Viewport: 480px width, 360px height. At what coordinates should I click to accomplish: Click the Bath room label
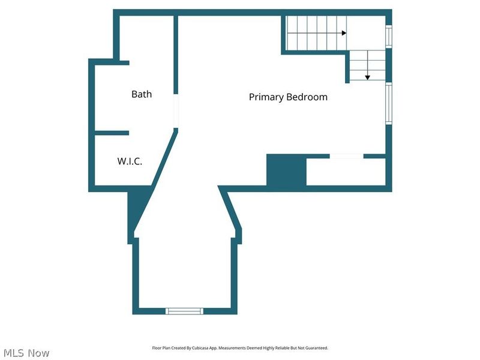click(142, 94)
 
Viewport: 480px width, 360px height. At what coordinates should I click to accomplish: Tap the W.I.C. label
click(130, 161)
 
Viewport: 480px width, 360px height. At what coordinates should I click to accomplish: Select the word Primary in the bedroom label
click(266, 97)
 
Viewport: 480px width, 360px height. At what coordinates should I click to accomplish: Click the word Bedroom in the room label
click(307, 97)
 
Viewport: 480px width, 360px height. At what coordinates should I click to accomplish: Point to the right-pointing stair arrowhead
click(344, 33)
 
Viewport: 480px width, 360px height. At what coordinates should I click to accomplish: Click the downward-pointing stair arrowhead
click(368, 78)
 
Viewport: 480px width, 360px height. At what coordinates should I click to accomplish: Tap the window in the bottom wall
click(184, 311)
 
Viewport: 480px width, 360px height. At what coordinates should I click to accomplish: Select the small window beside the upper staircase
click(389, 37)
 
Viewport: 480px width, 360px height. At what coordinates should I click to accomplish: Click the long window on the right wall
click(389, 103)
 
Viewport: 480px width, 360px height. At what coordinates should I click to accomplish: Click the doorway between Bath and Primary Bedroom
click(176, 111)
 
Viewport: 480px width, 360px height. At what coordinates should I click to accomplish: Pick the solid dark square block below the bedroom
click(286, 170)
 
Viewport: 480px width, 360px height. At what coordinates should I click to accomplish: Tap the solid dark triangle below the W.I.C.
click(138, 208)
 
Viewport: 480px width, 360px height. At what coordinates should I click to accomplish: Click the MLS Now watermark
click(26, 353)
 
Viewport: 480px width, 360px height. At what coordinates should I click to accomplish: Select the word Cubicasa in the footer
click(200, 348)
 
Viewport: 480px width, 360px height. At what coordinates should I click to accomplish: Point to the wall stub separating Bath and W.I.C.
click(112, 133)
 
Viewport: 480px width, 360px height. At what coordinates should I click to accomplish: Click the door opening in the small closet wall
click(347, 156)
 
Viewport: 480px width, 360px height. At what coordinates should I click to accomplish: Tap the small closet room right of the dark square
click(346, 172)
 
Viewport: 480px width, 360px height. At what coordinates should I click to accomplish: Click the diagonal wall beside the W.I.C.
click(164, 158)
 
